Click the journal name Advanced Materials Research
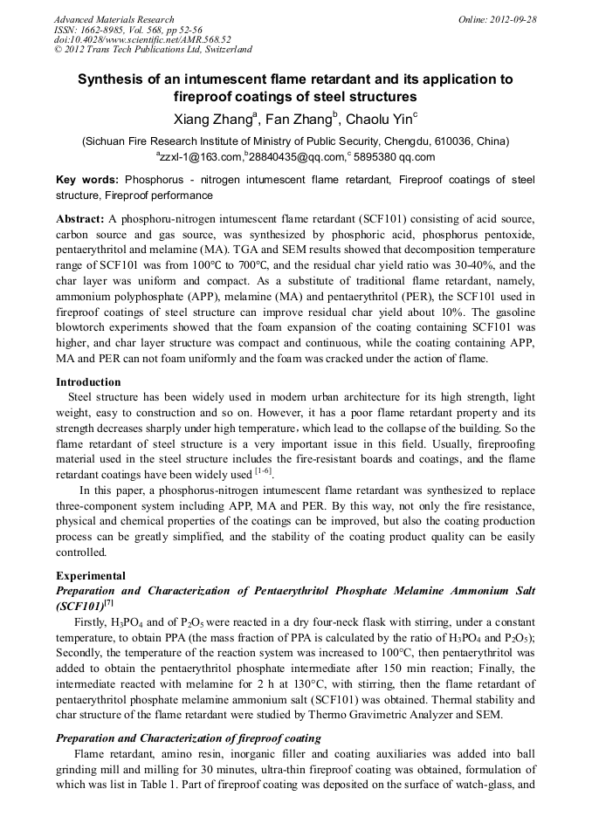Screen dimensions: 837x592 [x=114, y=19]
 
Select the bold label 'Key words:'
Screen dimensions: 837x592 [x=87, y=180]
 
